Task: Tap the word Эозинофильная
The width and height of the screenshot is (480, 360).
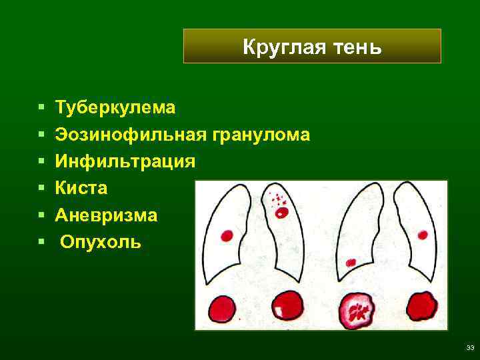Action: [131, 134]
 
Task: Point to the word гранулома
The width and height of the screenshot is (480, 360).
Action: [261, 134]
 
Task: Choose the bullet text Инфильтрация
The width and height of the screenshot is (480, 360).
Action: [125, 161]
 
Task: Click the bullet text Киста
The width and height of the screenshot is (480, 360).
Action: [81, 189]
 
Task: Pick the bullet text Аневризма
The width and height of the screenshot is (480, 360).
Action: [107, 215]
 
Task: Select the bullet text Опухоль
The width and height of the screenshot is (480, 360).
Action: [101, 241]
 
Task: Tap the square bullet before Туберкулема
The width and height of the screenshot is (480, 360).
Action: [42, 107]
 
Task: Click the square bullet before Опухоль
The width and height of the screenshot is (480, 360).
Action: [42, 242]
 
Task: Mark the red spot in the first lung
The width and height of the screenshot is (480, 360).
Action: [227, 235]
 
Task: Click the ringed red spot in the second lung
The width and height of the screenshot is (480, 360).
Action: [281, 213]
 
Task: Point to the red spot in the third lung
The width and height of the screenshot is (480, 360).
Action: [351, 261]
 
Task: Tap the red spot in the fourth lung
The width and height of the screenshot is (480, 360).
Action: [423, 234]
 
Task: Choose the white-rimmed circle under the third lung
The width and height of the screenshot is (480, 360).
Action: [358, 309]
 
